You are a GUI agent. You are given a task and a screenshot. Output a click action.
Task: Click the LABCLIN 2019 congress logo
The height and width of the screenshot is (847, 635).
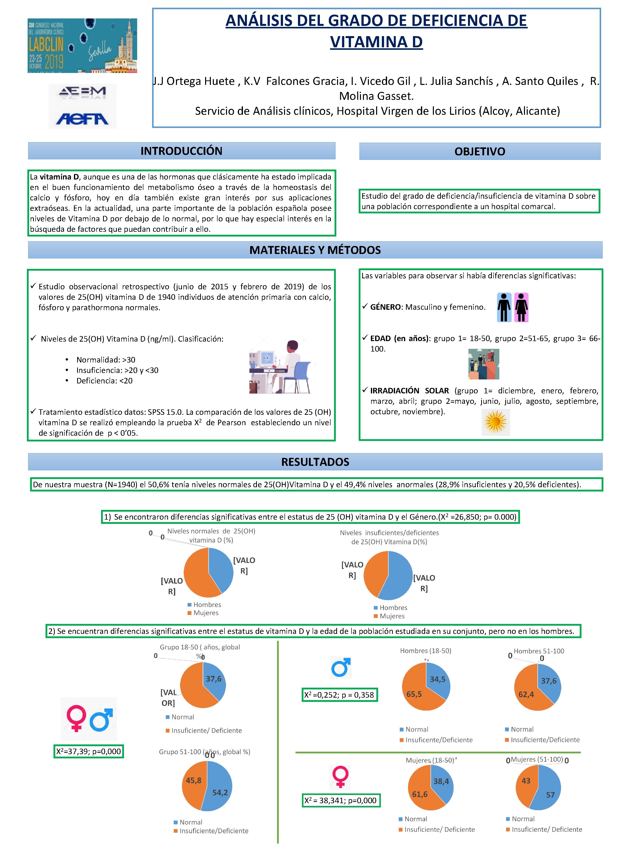point(82,46)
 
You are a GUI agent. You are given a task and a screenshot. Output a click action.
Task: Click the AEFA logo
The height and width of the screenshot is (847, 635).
point(82,119)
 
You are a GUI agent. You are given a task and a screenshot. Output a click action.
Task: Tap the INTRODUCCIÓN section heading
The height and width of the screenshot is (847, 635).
point(181,151)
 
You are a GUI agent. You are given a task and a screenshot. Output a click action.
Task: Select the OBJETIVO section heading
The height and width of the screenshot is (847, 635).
point(480,152)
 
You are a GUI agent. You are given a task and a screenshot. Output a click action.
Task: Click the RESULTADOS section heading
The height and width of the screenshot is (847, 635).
point(315,462)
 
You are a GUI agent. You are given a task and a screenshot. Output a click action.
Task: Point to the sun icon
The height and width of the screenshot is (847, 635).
point(495,422)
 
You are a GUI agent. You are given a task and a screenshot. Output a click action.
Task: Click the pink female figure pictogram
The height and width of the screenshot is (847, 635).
point(521,307)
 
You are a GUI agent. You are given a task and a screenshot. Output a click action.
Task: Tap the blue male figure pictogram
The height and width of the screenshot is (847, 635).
point(504,307)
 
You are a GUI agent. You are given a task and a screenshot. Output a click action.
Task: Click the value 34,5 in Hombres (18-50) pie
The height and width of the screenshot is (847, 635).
point(438,679)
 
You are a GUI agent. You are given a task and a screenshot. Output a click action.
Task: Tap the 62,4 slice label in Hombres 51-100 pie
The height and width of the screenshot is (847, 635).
point(526,694)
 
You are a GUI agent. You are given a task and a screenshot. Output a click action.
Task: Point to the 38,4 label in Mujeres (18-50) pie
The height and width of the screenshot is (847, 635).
point(441,781)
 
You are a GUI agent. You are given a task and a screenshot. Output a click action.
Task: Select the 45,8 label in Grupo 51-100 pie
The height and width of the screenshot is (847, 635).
point(193,780)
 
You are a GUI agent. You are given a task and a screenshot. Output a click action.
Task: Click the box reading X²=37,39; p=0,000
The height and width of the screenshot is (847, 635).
point(88,751)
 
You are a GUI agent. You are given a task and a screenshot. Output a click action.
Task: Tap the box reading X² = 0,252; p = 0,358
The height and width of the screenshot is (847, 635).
point(339,695)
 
